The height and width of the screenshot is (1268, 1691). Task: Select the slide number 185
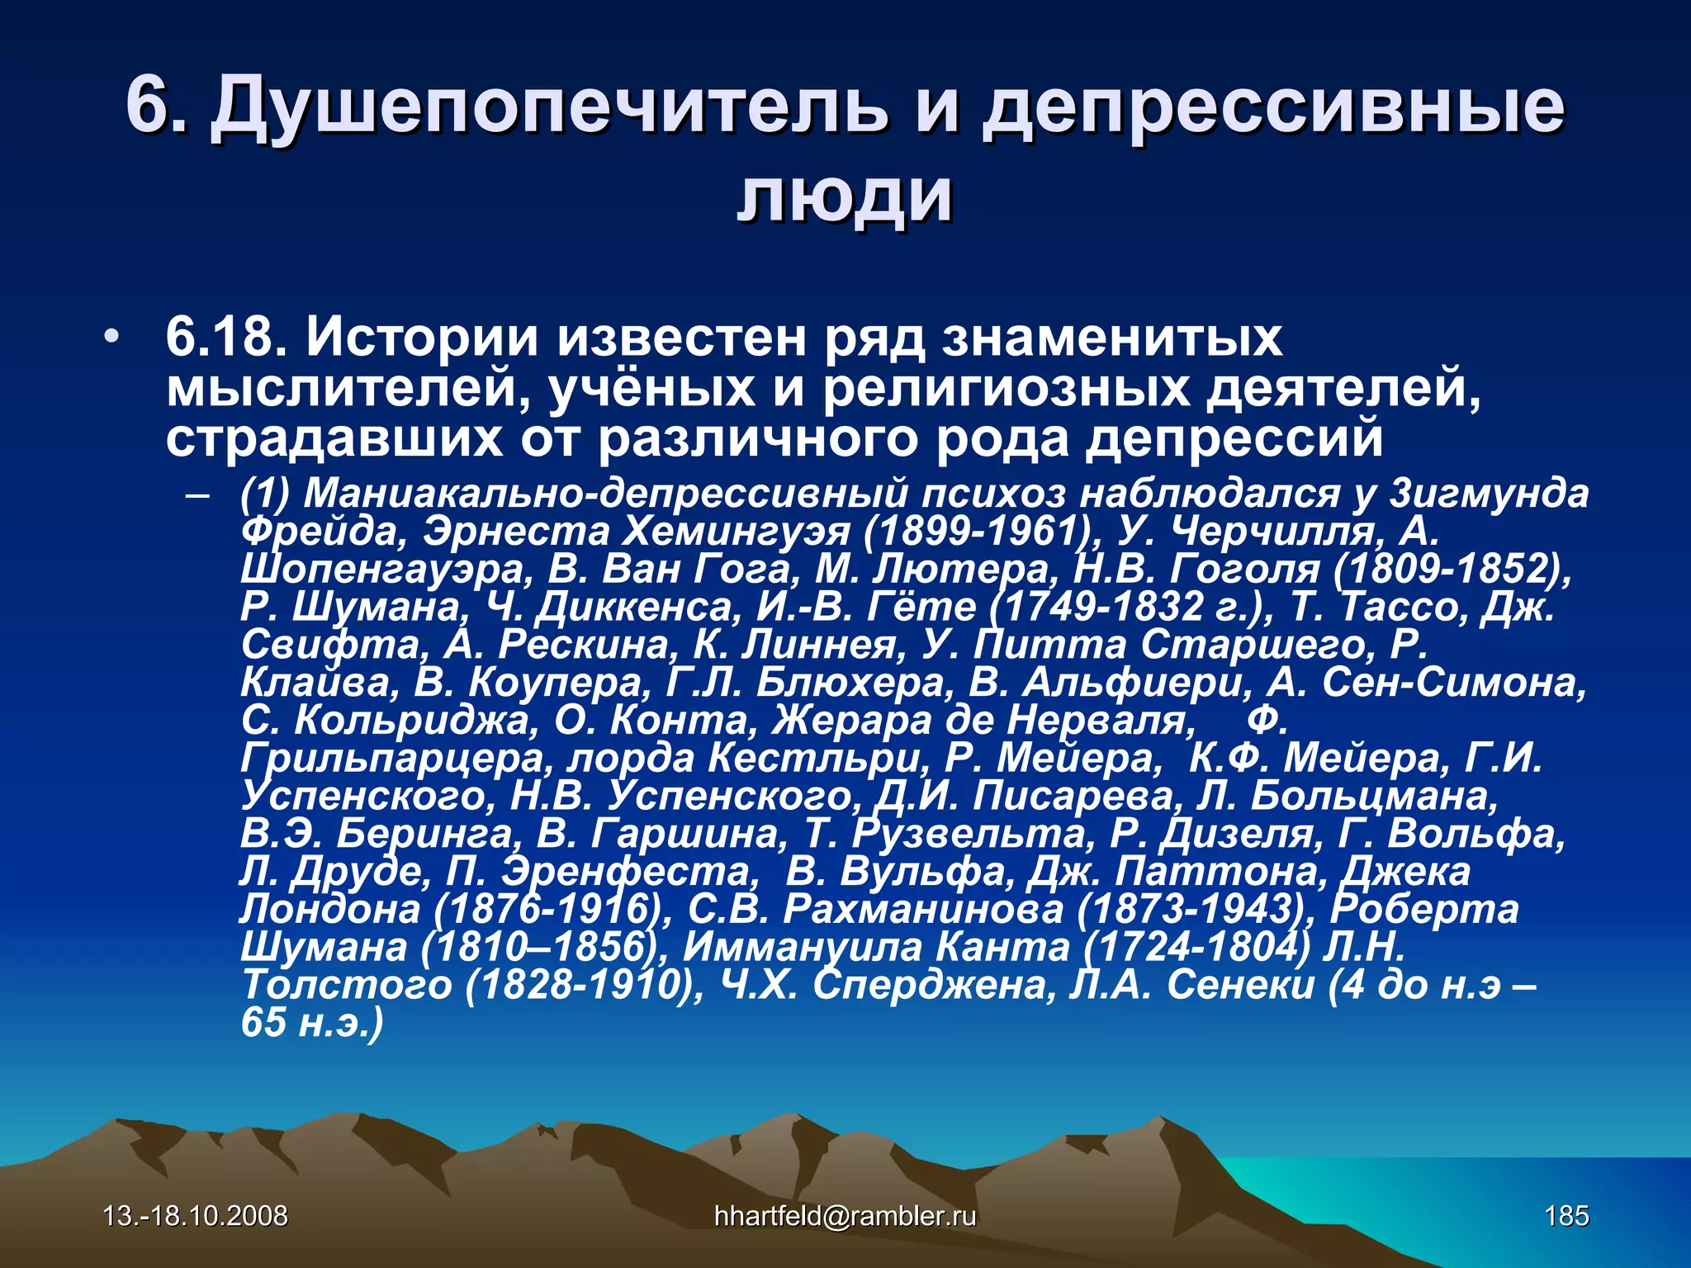pos(1566,1216)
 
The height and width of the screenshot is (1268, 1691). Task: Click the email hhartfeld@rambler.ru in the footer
pos(845,1216)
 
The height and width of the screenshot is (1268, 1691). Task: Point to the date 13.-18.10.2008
pos(196,1216)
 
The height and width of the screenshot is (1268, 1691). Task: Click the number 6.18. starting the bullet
pos(225,338)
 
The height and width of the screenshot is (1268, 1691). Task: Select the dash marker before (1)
pos(198,496)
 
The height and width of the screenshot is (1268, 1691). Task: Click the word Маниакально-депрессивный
pos(606,494)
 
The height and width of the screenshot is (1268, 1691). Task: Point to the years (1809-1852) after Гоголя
pos(1452,570)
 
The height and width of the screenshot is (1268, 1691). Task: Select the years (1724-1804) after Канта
pos(1197,947)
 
